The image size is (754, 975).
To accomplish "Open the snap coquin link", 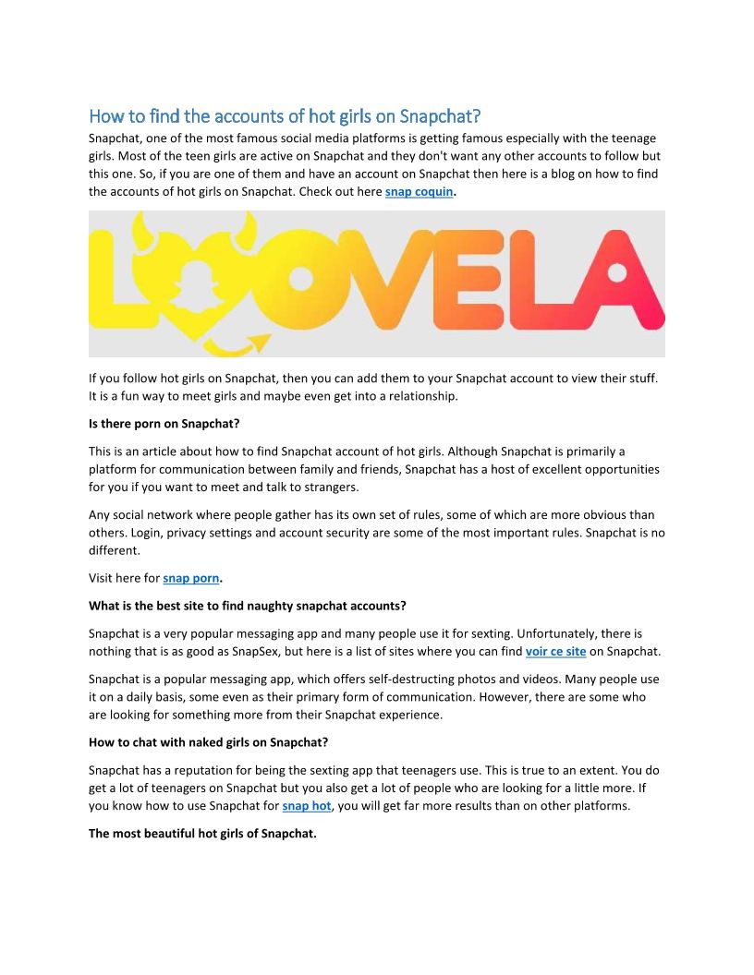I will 419,192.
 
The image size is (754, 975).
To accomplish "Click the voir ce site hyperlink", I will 555,652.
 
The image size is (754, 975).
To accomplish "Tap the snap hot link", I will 306,805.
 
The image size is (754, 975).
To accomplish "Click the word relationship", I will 421,396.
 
